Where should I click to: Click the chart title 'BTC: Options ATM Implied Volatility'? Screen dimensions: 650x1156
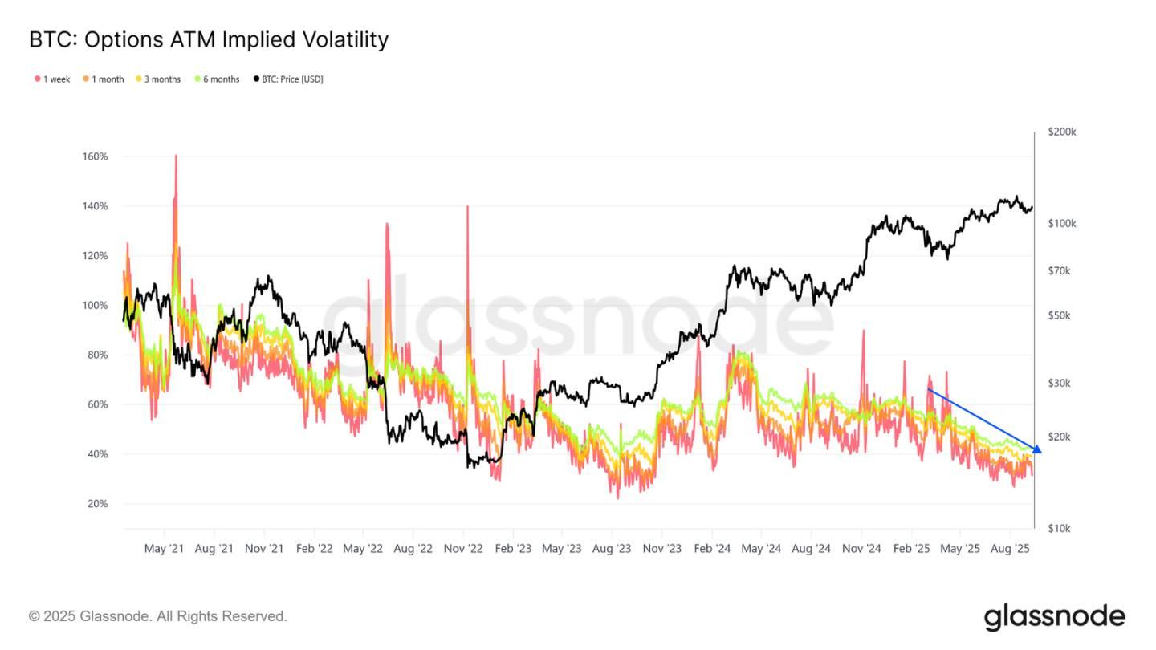click(209, 39)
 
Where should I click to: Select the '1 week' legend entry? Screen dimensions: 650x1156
click(52, 79)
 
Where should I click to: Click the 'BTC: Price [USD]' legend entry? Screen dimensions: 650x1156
click(288, 79)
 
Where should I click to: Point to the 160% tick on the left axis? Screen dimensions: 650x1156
click(95, 156)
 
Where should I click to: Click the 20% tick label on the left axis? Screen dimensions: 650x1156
click(96, 504)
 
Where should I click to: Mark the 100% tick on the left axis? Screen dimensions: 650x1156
click(95, 306)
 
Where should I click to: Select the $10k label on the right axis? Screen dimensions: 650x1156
click(1060, 529)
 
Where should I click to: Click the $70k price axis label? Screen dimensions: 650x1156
click(1060, 271)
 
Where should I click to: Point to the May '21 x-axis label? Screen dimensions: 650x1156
click(164, 550)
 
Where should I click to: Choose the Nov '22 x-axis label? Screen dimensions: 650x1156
click(463, 550)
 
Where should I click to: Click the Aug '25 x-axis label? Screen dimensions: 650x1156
click(1011, 550)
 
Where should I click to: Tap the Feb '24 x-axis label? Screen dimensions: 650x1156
click(712, 550)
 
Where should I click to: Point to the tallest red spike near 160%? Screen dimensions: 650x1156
click(175, 157)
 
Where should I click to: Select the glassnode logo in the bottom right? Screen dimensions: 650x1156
click(1054, 617)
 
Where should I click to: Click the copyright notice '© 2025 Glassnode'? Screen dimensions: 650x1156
click(157, 616)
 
